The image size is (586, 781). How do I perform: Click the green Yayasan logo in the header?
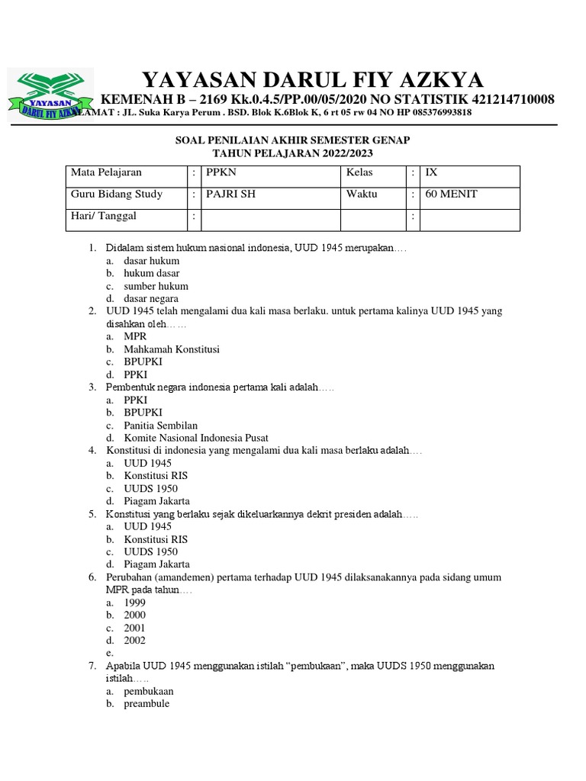pyautogui.click(x=50, y=95)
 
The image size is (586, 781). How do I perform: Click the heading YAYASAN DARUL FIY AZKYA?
pyautogui.click(x=313, y=79)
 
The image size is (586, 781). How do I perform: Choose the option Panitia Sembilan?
pyautogui.click(x=160, y=425)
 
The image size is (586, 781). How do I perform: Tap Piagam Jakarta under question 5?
pyautogui.click(x=156, y=564)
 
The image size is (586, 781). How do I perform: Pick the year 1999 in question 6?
pyautogui.click(x=134, y=603)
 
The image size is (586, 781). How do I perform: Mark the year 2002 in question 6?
pyautogui.click(x=134, y=641)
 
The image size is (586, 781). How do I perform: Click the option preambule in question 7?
pyautogui.click(x=146, y=704)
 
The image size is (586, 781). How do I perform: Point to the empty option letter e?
pyautogui.click(x=110, y=653)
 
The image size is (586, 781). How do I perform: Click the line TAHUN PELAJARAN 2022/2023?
pyautogui.click(x=293, y=153)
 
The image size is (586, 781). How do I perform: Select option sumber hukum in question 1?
pyautogui.click(x=156, y=286)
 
